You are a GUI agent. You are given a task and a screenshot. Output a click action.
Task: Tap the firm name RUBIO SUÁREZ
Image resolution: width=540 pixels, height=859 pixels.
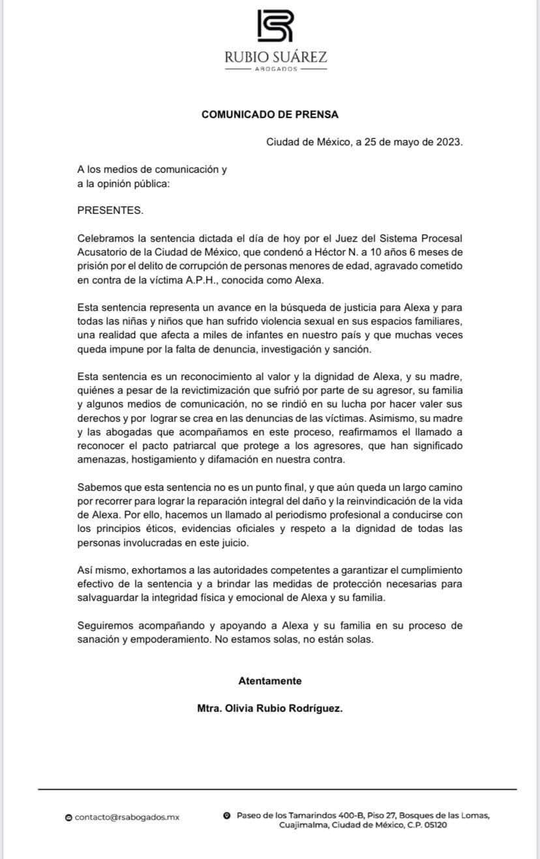click(x=275, y=58)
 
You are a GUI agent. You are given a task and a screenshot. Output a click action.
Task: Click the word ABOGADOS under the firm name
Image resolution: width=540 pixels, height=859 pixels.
click(x=275, y=68)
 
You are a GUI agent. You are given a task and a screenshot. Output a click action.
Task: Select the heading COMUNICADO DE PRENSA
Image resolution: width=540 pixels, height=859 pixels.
click(x=270, y=114)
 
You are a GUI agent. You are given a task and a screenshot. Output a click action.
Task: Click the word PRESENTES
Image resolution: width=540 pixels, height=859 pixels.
click(x=110, y=211)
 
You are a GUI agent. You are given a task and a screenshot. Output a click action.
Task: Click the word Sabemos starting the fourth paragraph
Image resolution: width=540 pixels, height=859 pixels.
click(x=98, y=487)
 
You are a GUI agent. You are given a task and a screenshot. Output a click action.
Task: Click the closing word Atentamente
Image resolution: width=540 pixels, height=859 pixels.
click(x=270, y=680)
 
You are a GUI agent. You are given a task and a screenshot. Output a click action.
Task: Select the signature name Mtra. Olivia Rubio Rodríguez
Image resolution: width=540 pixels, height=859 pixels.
click(x=269, y=708)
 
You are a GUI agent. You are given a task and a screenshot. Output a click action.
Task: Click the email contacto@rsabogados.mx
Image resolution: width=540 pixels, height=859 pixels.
click(x=127, y=817)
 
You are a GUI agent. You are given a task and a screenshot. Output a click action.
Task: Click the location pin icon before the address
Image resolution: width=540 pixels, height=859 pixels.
click(x=226, y=815)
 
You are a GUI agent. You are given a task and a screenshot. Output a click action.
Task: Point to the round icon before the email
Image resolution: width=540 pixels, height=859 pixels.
click(x=68, y=817)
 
